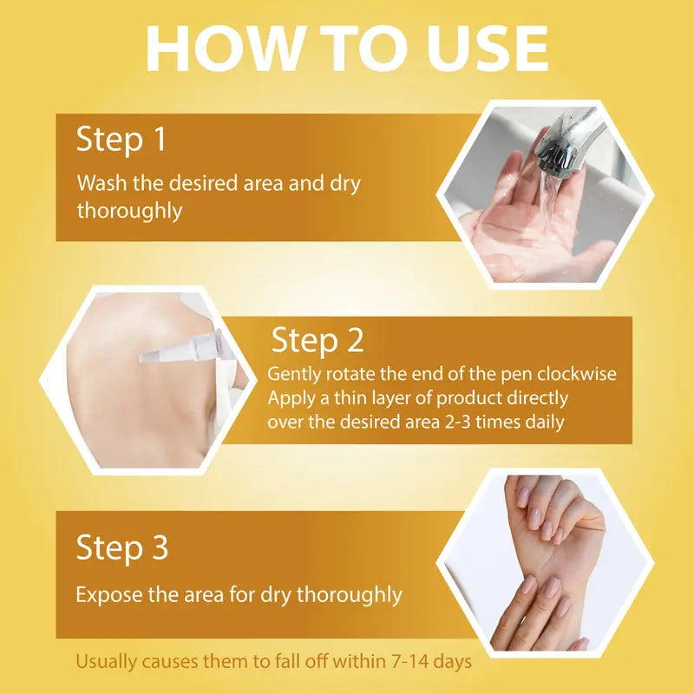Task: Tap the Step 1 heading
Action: [121, 141]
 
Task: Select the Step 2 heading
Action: [318, 341]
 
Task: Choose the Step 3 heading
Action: [122, 548]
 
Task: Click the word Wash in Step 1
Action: [98, 184]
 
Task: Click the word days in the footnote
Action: [450, 662]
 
